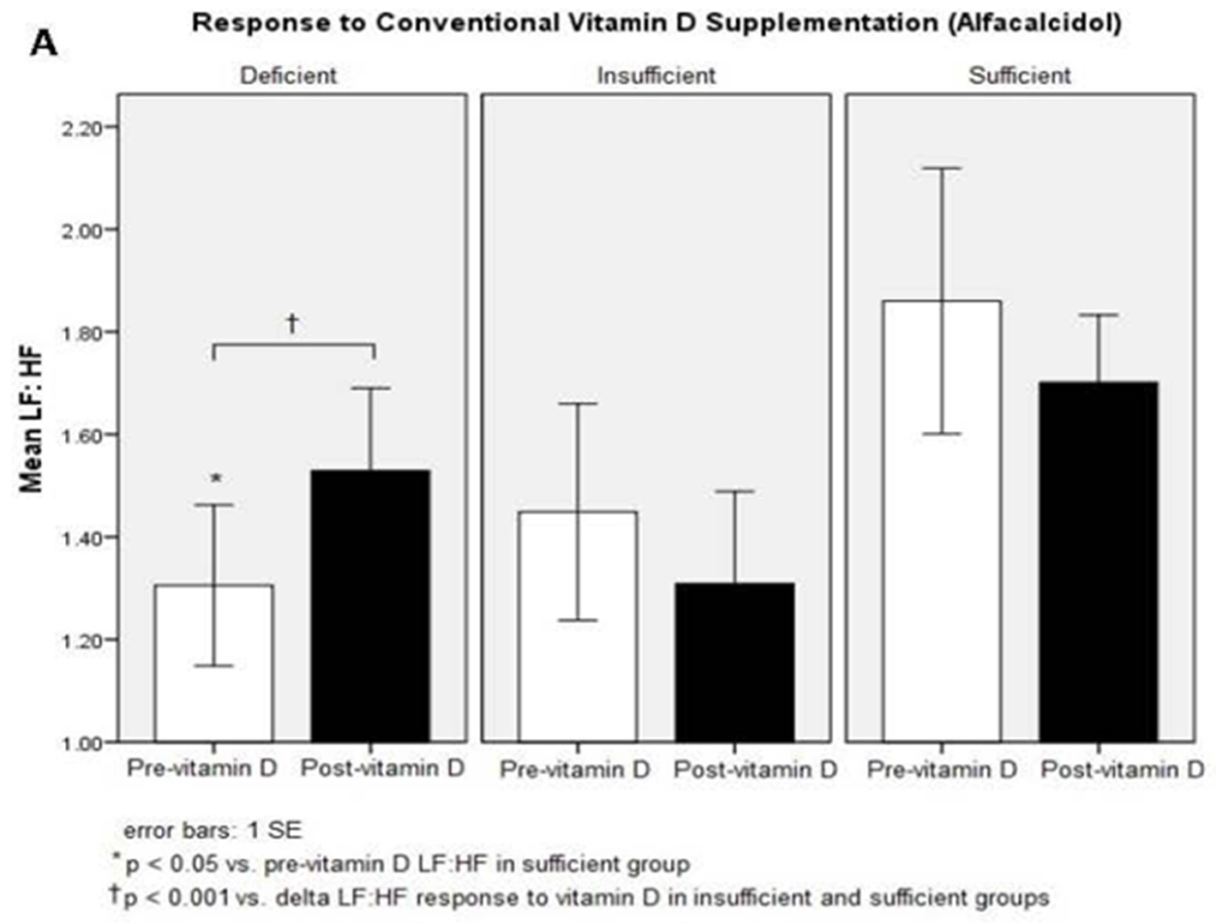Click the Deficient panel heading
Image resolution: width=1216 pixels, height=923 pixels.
coord(288,76)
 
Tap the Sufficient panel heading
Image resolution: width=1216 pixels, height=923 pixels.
coord(1019,76)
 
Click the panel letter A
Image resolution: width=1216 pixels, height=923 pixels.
coord(44,44)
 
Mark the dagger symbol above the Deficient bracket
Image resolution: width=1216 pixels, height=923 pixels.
coord(292,323)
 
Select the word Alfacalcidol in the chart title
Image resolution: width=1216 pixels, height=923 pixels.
coord(1033,23)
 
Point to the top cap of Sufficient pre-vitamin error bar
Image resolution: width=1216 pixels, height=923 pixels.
coord(942,168)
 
